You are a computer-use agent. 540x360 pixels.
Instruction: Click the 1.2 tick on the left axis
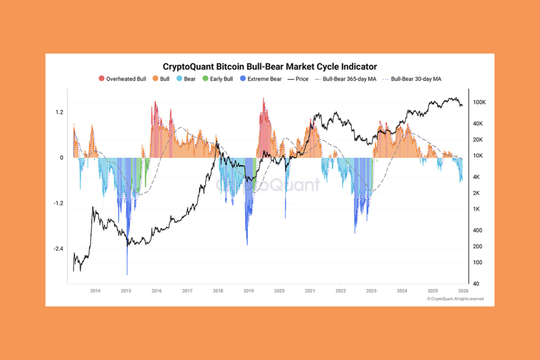point(59,112)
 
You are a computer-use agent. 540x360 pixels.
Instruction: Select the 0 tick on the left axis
point(62,158)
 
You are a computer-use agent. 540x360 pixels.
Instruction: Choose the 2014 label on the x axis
point(95,290)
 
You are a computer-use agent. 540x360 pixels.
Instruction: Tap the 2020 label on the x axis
point(279,290)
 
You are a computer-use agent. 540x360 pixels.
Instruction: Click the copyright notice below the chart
point(455,299)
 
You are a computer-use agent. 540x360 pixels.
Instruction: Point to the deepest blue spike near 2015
point(127,273)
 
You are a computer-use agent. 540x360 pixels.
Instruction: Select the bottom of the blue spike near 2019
point(247,244)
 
